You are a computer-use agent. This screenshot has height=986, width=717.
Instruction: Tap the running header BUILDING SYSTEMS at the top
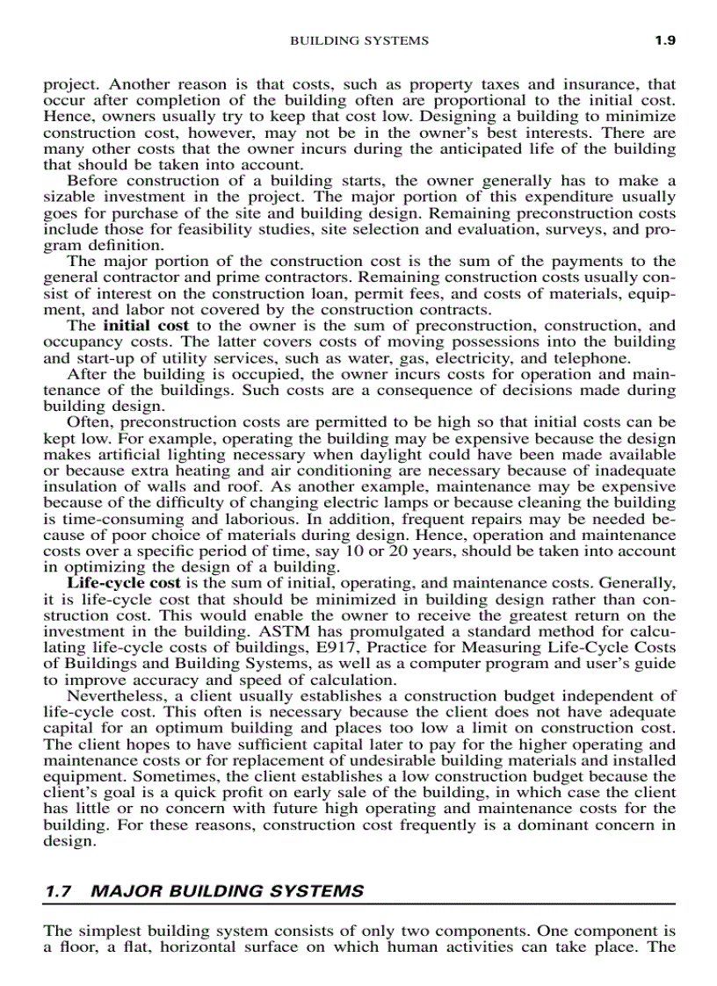point(358,40)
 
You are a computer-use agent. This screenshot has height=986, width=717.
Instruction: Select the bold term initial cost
point(146,326)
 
